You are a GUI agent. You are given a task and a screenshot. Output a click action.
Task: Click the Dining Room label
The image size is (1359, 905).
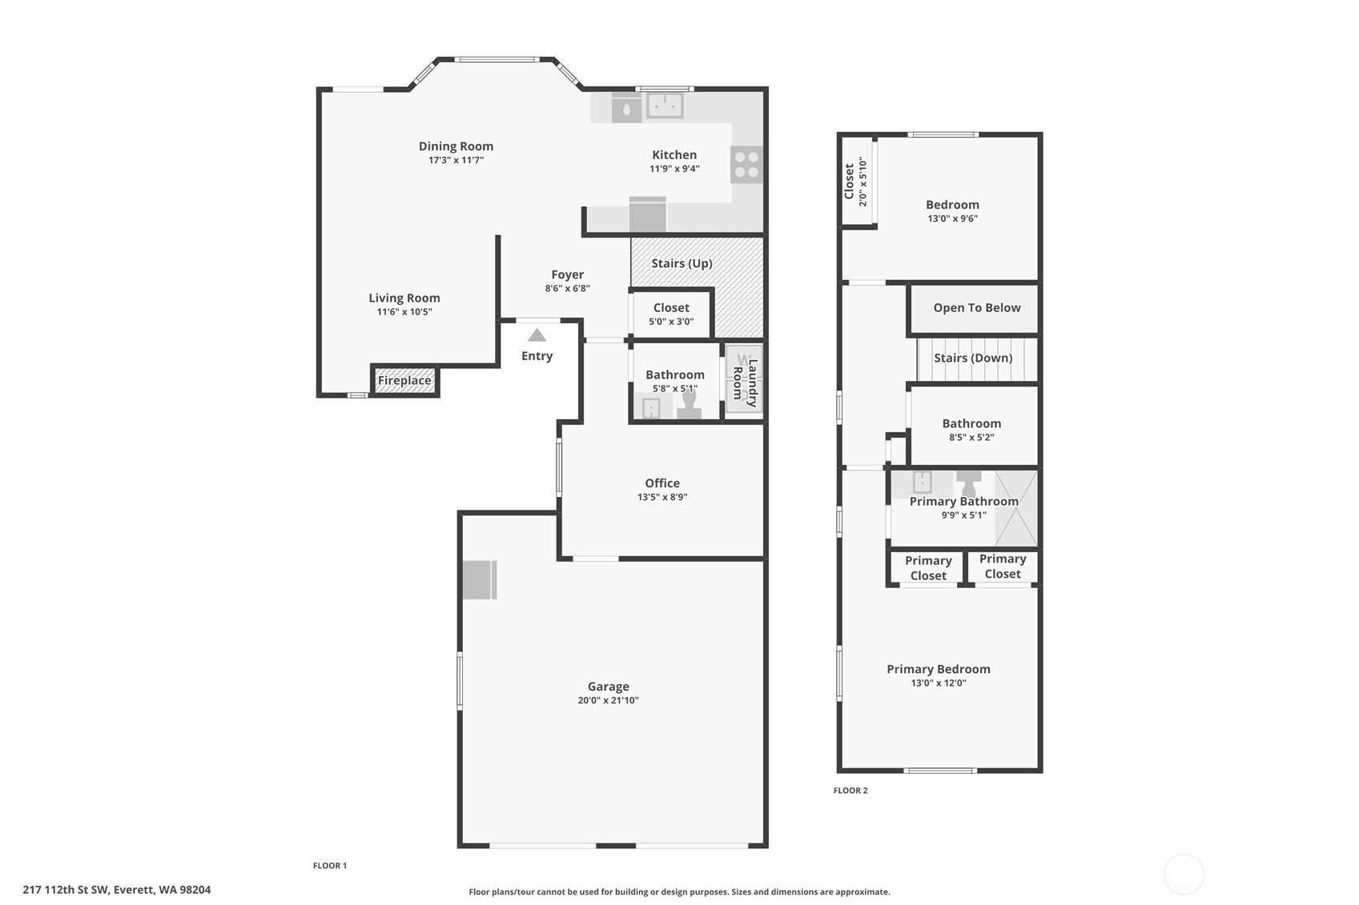point(456,146)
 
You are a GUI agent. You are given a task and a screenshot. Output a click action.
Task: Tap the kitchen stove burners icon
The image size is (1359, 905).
point(746,164)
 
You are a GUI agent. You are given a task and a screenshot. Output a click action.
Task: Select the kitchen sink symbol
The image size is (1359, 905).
point(665,106)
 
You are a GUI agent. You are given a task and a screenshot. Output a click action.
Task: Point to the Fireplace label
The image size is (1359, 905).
point(404,381)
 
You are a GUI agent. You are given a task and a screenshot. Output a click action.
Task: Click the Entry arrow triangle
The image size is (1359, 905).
point(537,335)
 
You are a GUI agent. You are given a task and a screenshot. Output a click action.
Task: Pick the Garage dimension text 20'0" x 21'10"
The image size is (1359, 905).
point(608,700)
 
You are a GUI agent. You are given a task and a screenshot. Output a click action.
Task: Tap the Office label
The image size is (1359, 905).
point(662,483)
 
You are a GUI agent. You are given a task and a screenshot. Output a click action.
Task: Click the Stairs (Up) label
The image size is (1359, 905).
point(682,263)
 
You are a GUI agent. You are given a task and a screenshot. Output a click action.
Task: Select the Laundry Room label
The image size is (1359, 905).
point(745,383)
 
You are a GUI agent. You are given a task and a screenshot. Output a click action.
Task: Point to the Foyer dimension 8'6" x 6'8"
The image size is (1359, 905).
point(567,289)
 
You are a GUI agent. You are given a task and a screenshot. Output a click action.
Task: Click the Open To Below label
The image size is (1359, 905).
point(977,308)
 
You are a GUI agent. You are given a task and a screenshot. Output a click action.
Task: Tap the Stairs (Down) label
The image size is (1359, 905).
point(973,358)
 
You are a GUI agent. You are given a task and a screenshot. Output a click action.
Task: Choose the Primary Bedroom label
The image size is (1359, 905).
point(938,669)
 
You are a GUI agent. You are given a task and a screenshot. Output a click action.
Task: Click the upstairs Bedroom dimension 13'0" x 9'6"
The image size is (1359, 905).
point(952,218)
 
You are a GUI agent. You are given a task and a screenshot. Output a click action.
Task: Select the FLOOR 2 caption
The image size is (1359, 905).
point(850,791)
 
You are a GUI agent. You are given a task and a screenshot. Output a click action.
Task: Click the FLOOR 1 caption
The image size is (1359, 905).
point(330,866)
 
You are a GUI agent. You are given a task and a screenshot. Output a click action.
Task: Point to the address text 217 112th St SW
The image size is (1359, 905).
point(66,890)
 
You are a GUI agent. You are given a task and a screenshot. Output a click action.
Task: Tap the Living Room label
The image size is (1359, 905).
point(404,298)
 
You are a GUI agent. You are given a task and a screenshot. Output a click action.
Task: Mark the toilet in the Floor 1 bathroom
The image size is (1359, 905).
point(690,405)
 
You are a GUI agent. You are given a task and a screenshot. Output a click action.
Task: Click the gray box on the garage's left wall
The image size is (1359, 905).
point(480,580)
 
